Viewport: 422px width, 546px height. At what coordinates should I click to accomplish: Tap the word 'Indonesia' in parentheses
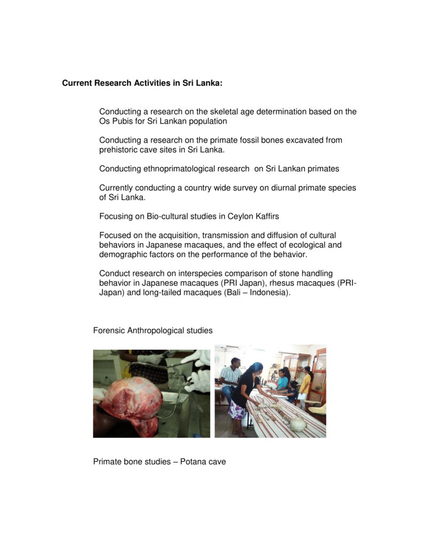point(271,293)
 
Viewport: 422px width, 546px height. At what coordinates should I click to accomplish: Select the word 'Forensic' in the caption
point(109,331)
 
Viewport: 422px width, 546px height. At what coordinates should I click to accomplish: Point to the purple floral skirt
point(237,411)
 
